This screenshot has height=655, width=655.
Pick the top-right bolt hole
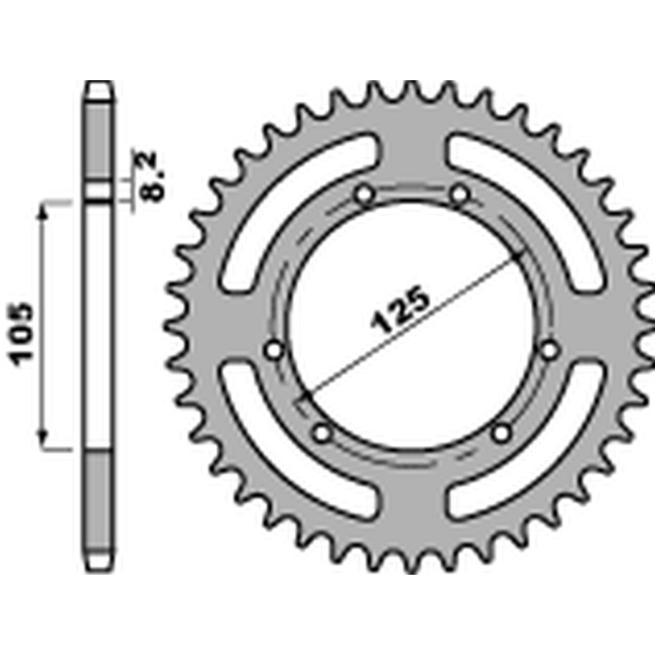[459, 195]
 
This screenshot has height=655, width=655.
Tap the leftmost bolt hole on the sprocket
[274, 350]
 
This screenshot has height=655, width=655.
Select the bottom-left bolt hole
[321, 431]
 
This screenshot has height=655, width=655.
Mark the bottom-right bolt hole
[503, 431]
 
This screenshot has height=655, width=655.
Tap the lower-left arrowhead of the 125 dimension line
[305, 395]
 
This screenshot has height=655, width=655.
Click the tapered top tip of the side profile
[99, 88]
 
